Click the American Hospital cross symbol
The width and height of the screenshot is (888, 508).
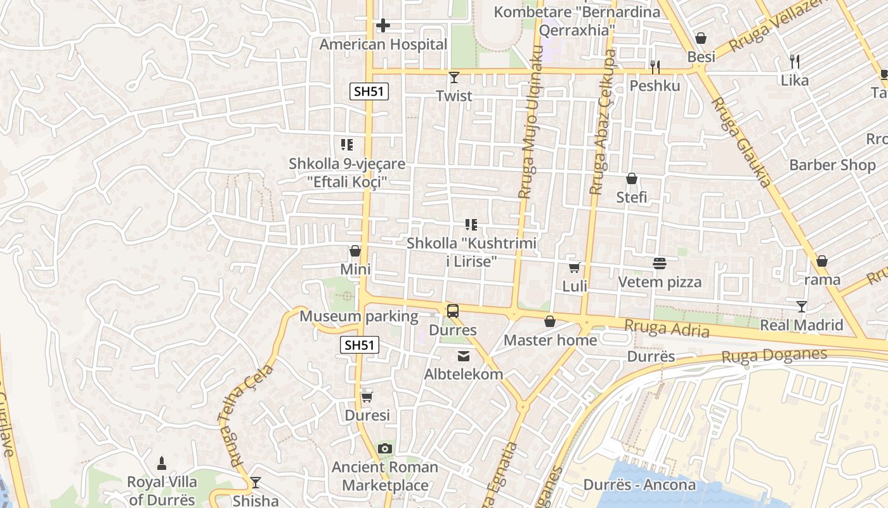[x=383, y=25]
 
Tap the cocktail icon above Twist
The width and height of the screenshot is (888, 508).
[x=454, y=77]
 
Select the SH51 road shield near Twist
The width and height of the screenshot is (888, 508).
[x=369, y=91]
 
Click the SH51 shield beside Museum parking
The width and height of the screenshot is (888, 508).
[x=360, y=345]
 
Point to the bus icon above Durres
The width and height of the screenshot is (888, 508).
[x=452, y=311]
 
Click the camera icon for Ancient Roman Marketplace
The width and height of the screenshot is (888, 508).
[x=384, y=449]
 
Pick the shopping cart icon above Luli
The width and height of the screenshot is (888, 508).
[x=575, y=267]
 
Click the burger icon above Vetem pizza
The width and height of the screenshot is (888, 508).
[x=659, y=263]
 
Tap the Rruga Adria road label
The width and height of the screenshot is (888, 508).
[x=667, y=328]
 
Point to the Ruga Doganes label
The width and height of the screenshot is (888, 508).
[x=774, y=356]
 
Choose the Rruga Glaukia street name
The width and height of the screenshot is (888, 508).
[x=740, y=142]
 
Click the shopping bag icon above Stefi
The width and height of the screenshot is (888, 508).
[x=632, y=179]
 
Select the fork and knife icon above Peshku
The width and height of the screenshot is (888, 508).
[x=655, y=67]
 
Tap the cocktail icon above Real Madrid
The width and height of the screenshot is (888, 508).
[x=802, y=307]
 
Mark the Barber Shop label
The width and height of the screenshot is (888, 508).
[x=832, y=165]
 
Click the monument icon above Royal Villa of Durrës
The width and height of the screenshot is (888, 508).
[x=162, y=462]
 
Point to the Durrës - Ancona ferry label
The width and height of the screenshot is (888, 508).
[x=639, y=485]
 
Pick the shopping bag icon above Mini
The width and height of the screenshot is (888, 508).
[x=355, y=251]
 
